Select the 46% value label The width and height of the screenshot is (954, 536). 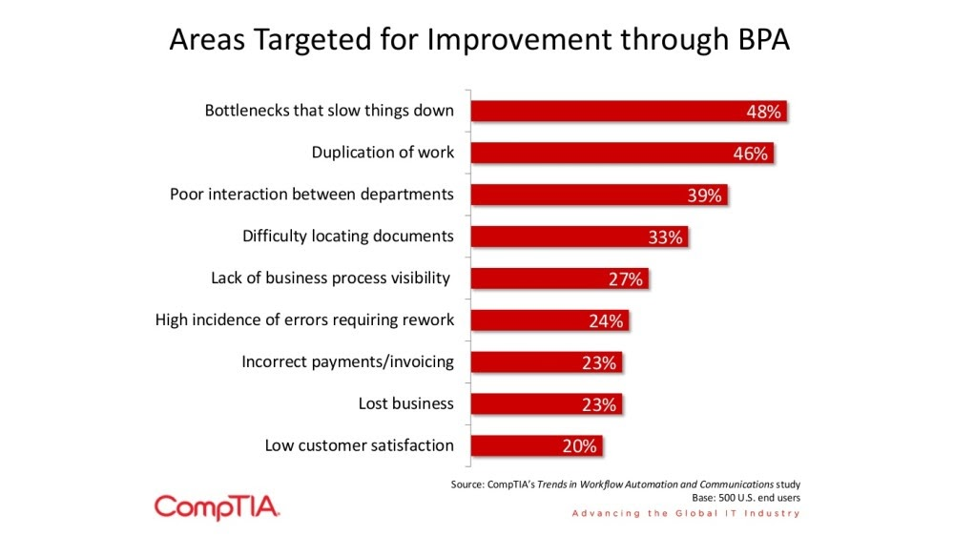750,154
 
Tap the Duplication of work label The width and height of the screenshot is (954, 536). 383,153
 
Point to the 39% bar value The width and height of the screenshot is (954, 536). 705,196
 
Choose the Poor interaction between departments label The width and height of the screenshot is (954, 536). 312,195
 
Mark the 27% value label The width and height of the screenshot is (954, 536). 627,279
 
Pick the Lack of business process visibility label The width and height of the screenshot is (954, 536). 330,278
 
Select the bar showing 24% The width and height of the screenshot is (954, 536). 549,320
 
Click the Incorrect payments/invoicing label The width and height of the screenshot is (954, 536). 347,362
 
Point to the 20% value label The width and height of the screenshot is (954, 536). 579,446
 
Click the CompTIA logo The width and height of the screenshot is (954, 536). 217,506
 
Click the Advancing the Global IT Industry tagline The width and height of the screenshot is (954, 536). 685,514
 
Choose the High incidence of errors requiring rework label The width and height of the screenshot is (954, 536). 304,320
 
